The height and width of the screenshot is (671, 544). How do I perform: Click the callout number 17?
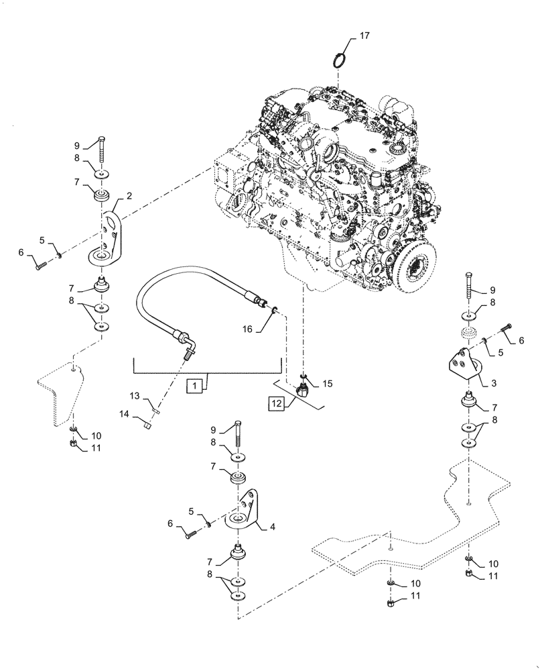tap(364, 36)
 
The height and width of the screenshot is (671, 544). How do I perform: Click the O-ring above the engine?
tap(342, 60)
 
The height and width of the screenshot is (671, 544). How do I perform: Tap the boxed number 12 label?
tap(277, 403)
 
